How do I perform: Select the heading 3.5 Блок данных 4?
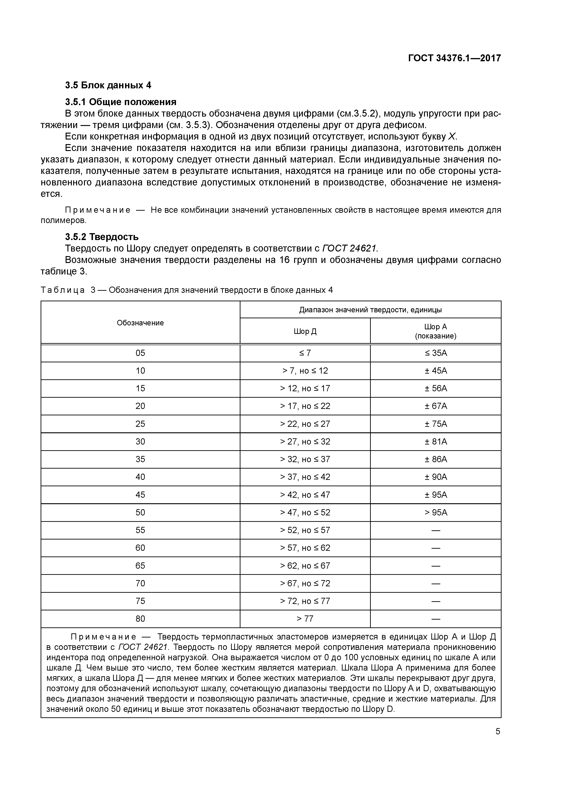[x=108, y=85]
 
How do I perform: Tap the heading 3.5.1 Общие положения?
[x=121, y=102]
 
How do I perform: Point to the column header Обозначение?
[x=140, y=323]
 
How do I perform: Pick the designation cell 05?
[x=140, y=353]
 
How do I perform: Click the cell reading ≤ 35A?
[x=436, y=353]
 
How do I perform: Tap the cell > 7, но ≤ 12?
[x=305, y=371]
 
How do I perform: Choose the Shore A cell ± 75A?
[x=436, y=424]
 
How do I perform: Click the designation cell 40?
[x=140, y=477]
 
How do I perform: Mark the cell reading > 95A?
[x=436, y=513]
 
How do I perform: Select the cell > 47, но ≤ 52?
[x=305, y=513]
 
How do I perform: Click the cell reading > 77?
[x=305, y=619]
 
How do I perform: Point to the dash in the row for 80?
[x=436, y=619]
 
